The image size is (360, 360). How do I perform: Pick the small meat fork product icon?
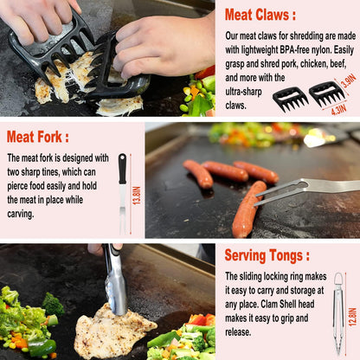[122, 192]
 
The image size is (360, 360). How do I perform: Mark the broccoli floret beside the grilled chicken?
[53, 303]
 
